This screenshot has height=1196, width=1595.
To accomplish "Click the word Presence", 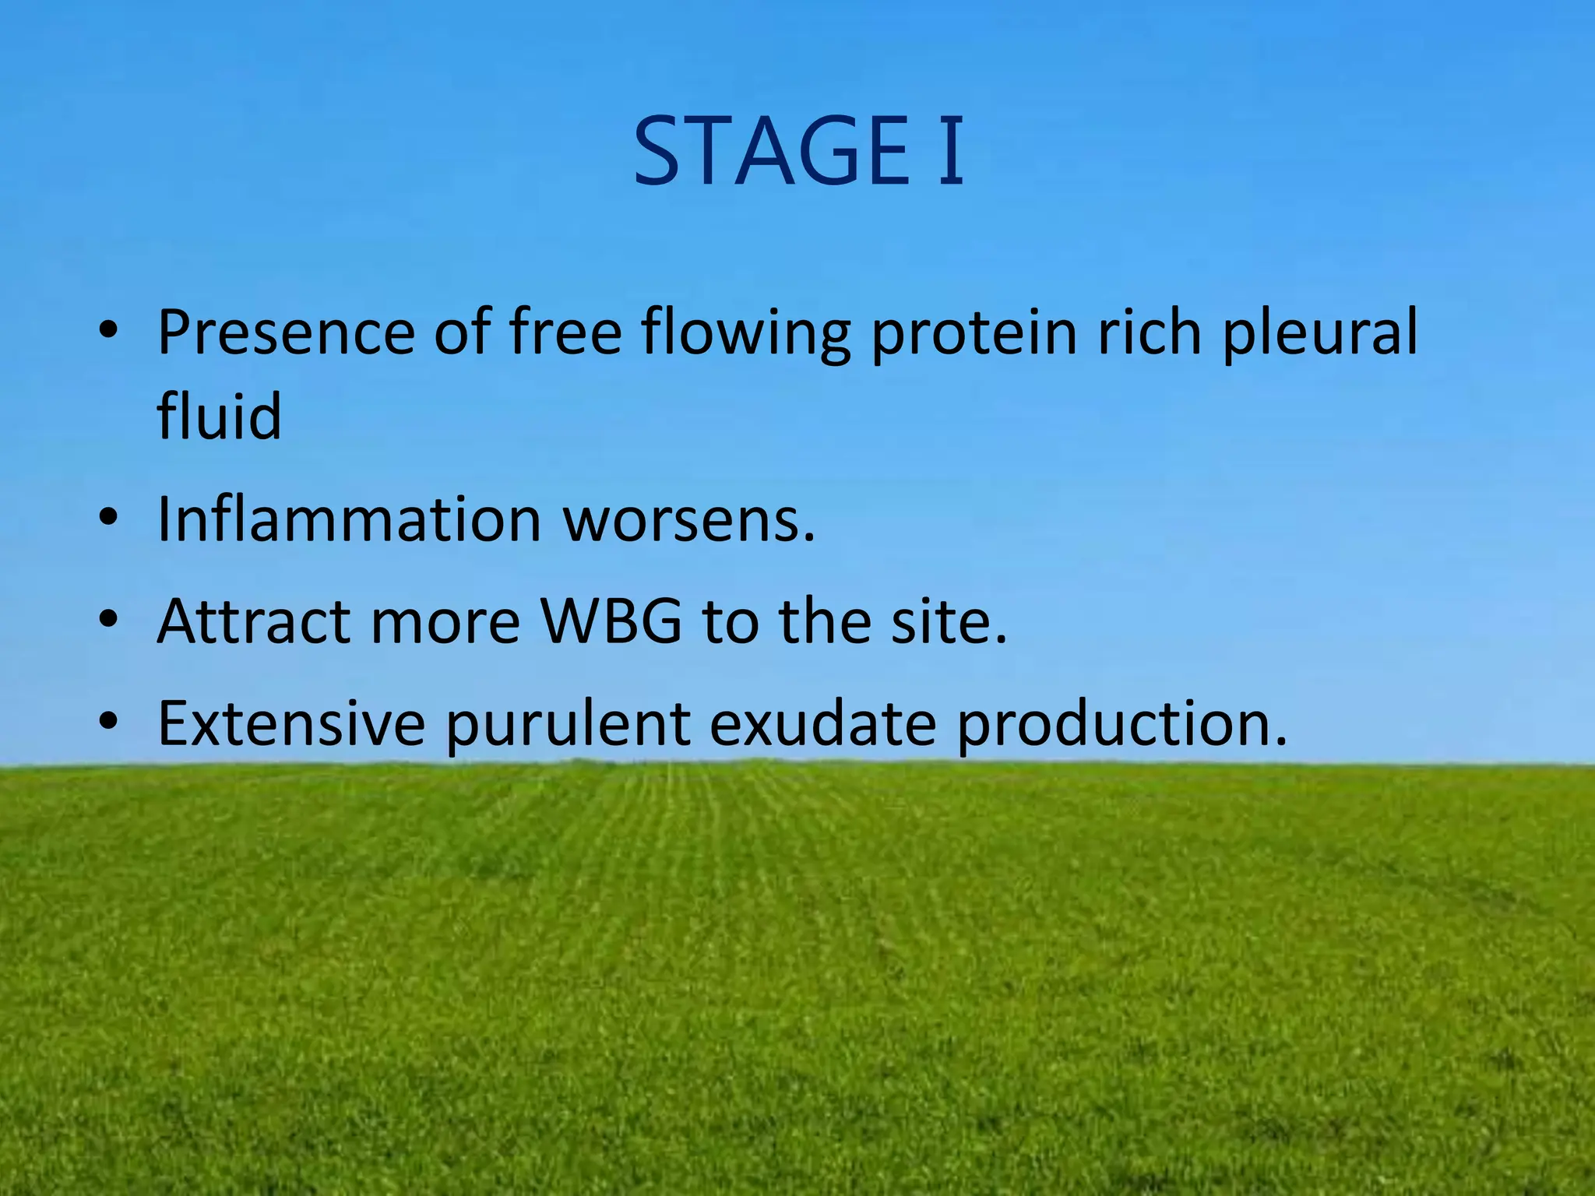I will click(x=285, y=332).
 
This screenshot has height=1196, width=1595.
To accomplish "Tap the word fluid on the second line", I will click(x=219, y=416).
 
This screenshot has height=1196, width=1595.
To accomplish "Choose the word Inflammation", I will click(x=349, y=519).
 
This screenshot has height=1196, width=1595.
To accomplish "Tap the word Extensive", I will click(x=291, y=723).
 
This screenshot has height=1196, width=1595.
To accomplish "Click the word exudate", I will click(x=822, y=723).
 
